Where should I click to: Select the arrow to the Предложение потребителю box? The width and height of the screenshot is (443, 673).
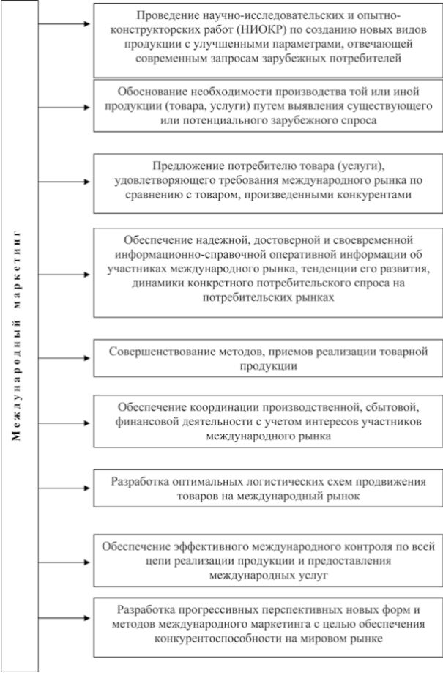(64, 180)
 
